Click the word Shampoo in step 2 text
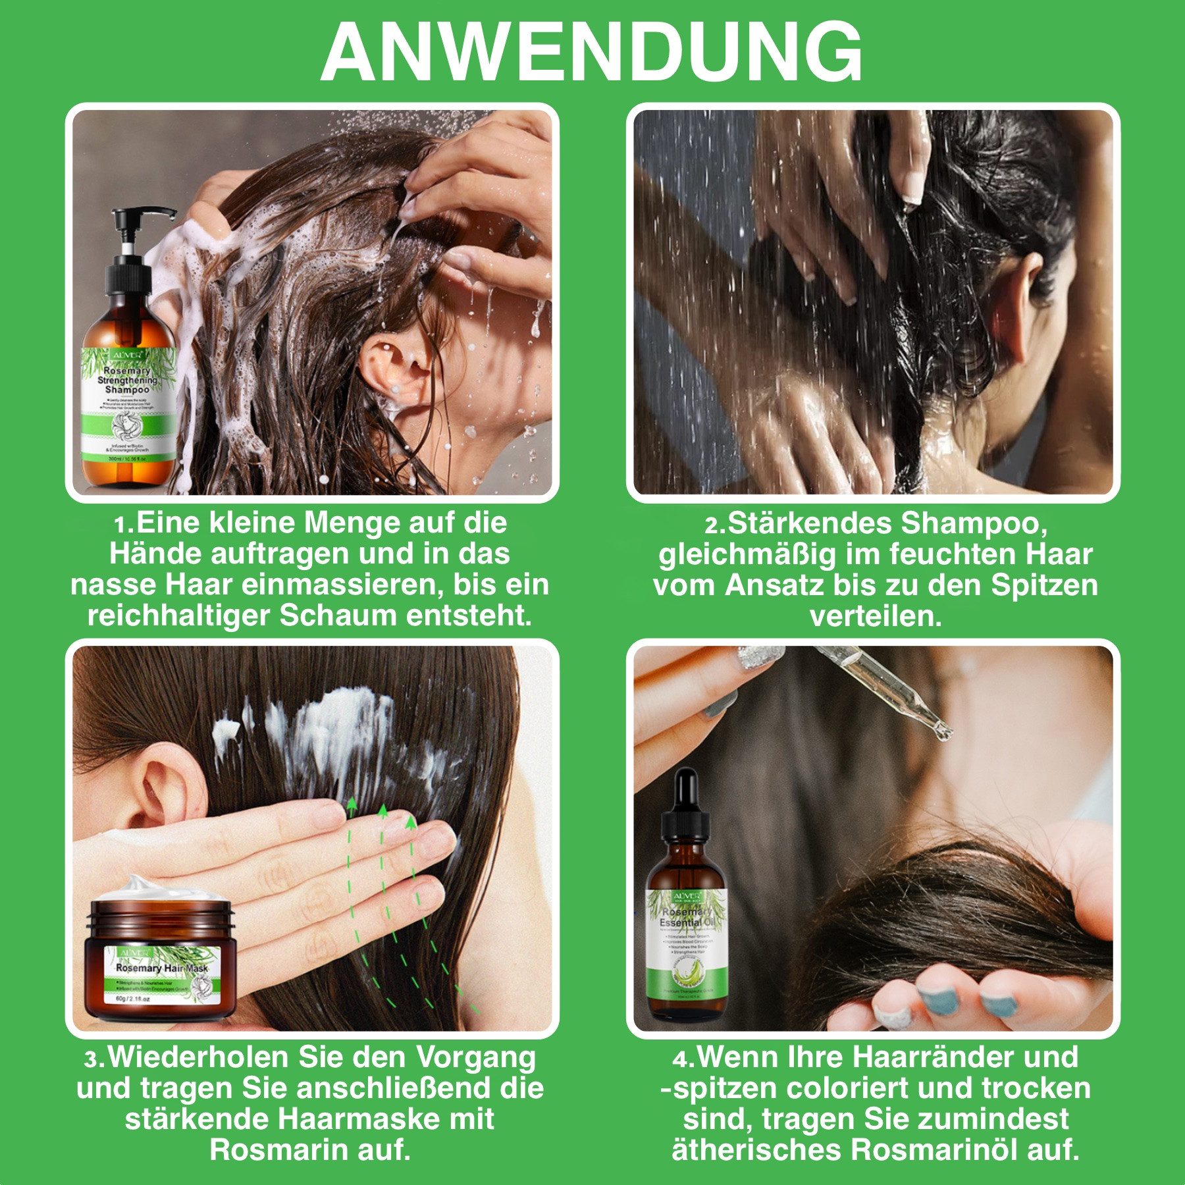(x=973, y=523)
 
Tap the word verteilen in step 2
(x=875, y=616)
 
